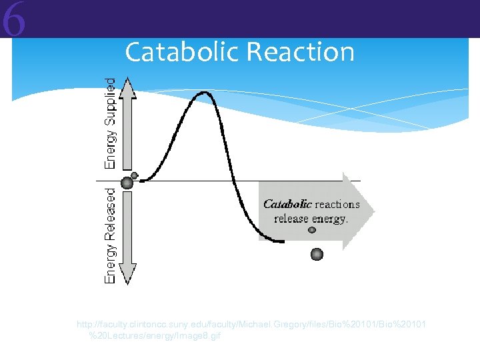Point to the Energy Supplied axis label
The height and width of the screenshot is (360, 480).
[110, 123]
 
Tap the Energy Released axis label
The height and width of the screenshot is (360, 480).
[110, 235]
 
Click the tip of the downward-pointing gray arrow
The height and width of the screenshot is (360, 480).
[127, 283]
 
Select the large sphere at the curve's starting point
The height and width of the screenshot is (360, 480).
[126, 183]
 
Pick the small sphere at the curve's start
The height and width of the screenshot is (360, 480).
[135, 175]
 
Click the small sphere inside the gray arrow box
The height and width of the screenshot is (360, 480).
[312, 231]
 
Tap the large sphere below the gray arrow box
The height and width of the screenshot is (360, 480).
[317, 254]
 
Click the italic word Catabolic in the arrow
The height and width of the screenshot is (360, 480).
[287, 205]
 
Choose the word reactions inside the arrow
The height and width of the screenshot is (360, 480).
[337, 205]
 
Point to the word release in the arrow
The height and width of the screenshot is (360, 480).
[291, 219]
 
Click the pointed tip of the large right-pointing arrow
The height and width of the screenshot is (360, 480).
[374, 211]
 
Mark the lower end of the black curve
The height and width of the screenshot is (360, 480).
[284, 241]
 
